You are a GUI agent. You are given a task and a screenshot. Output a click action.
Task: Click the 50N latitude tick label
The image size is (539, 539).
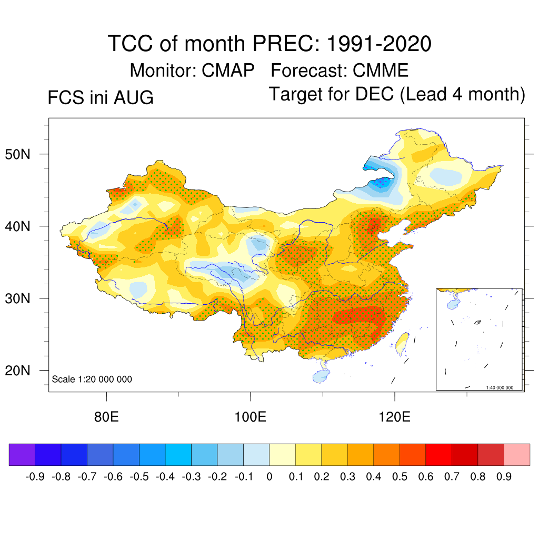(17, 154)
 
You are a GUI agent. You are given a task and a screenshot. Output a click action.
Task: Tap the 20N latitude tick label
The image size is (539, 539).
(17, 371)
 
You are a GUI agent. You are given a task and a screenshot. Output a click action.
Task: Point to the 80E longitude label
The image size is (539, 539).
(106, 417)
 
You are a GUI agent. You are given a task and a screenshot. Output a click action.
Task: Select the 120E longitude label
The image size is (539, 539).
(394, 417)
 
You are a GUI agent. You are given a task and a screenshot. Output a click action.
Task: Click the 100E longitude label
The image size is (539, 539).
(250, 417)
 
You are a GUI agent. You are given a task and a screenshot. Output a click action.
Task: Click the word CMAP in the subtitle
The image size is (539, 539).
(228, 71)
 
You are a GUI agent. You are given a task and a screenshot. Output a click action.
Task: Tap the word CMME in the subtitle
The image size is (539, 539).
(380, 71)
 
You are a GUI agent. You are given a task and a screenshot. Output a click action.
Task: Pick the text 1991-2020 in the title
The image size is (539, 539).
(379, 44)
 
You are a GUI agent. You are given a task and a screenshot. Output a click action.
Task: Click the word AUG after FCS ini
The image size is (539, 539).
(133, 97)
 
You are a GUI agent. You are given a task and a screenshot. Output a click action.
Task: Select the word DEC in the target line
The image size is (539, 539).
(374, 94)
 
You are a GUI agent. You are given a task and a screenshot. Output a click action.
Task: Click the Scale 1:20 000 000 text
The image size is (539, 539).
(92, 379)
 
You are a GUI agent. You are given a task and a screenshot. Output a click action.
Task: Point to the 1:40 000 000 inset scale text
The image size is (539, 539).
(500, 388)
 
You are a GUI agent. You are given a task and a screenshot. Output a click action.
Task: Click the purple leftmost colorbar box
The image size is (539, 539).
(22, 454)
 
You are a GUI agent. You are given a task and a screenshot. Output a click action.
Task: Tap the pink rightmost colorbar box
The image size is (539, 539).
(517, 454)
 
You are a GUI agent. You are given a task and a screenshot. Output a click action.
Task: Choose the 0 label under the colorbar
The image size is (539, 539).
(269, 476)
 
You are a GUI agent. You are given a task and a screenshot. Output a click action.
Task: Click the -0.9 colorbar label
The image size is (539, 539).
(35, 476)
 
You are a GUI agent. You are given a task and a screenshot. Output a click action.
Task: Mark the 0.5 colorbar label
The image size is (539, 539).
(400, 476)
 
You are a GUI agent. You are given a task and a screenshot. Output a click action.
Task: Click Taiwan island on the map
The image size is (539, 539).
(402, 344)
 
